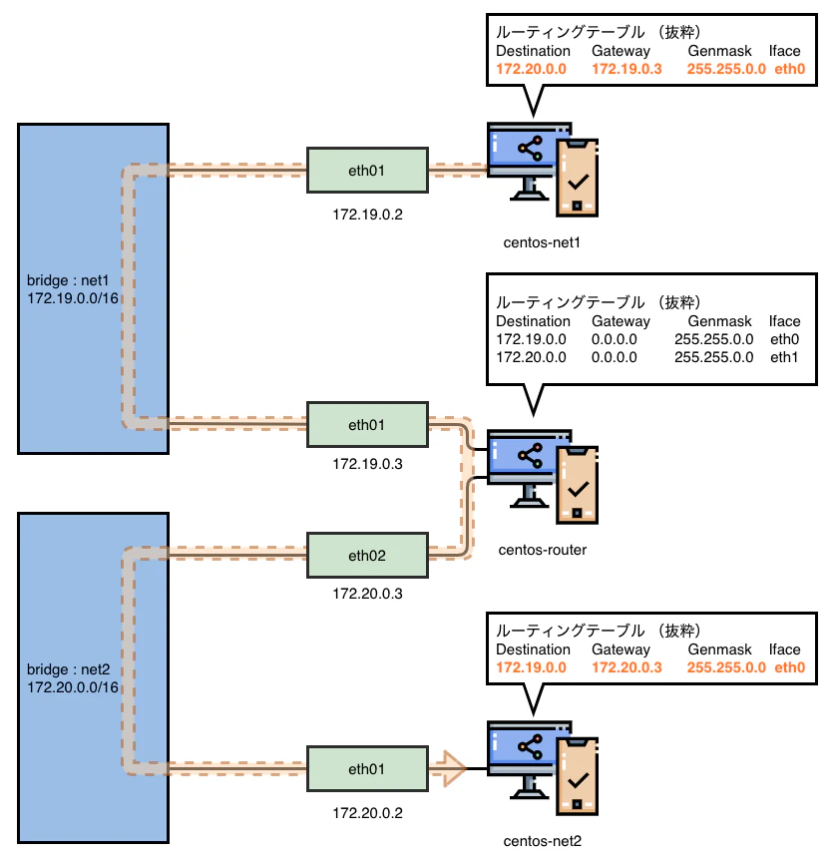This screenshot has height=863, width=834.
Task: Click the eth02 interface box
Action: (x=366, y=555)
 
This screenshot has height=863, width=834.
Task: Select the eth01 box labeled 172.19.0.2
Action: (x=366, y=171)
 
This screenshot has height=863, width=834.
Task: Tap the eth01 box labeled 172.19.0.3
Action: (x=366, y=425)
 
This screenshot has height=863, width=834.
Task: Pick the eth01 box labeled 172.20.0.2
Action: (x=366, y=769)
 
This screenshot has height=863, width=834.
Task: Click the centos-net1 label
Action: (x=542, y=242)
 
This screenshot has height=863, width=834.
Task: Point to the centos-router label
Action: (x=542, y=548)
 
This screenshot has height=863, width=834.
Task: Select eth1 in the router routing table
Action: (x=784, y=357)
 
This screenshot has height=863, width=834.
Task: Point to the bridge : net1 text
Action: (x=66, y=280)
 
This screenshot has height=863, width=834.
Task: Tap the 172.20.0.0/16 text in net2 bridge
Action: (x=73, y=687)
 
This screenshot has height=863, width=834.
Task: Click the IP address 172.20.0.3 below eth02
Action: (x=366, y=594)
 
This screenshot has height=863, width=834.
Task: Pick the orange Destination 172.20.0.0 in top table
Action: (x=531, y=70)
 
